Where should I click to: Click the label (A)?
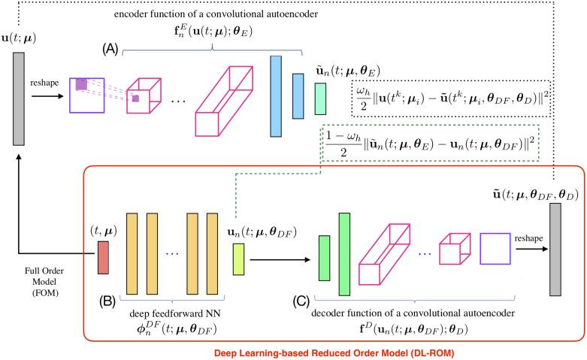pyautogui.click(x=112, y=48)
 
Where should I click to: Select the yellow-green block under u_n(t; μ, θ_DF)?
pyautogui.click(x=239, y=254)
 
